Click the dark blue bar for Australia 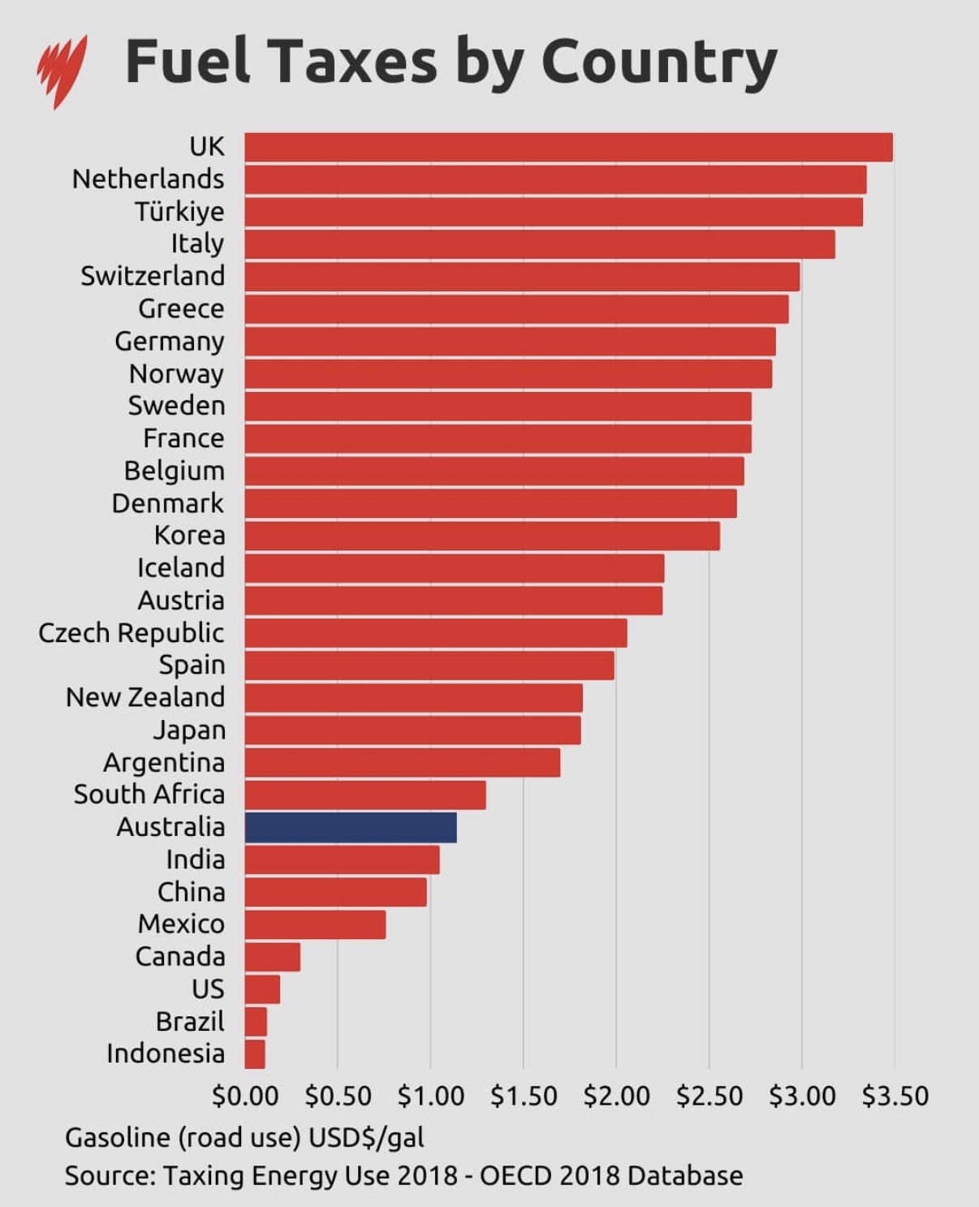coord(350,827)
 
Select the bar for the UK coord(568,147)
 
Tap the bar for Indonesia coord(254,1054)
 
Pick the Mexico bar coord(315,925)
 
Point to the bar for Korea coord(481,536)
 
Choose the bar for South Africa coord(364,795)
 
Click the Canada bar coord(272,957)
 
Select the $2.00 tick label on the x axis coord(616,1097)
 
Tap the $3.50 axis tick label coord(895,1097)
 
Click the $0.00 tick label coord(245,1097)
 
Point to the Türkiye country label coord(179,212)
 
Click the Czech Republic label coord(132,633)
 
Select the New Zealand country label coord(145,697)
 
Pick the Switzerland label coord(153,276)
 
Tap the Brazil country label coord(190,1021)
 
